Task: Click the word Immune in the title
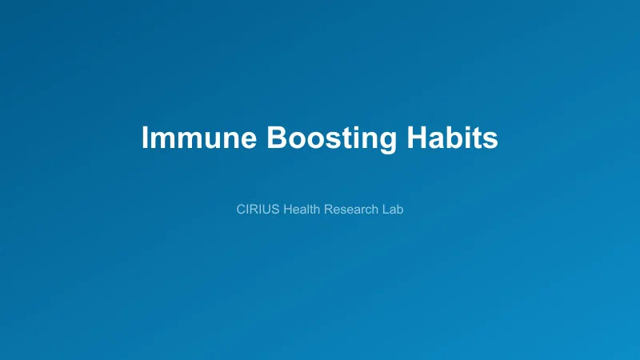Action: coord(199,138)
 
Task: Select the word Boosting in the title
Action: coord(331,138)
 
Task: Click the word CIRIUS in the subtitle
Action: coord(258,210)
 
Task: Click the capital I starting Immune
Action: coord(145,138)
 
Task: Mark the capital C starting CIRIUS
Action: coord(242,210)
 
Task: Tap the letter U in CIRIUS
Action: coord(266,210)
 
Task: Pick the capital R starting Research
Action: coord(328,210)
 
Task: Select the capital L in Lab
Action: coord(385,210)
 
